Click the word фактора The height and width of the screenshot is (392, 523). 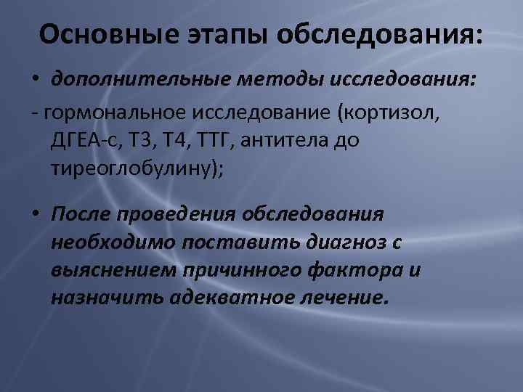pos(360,269)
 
